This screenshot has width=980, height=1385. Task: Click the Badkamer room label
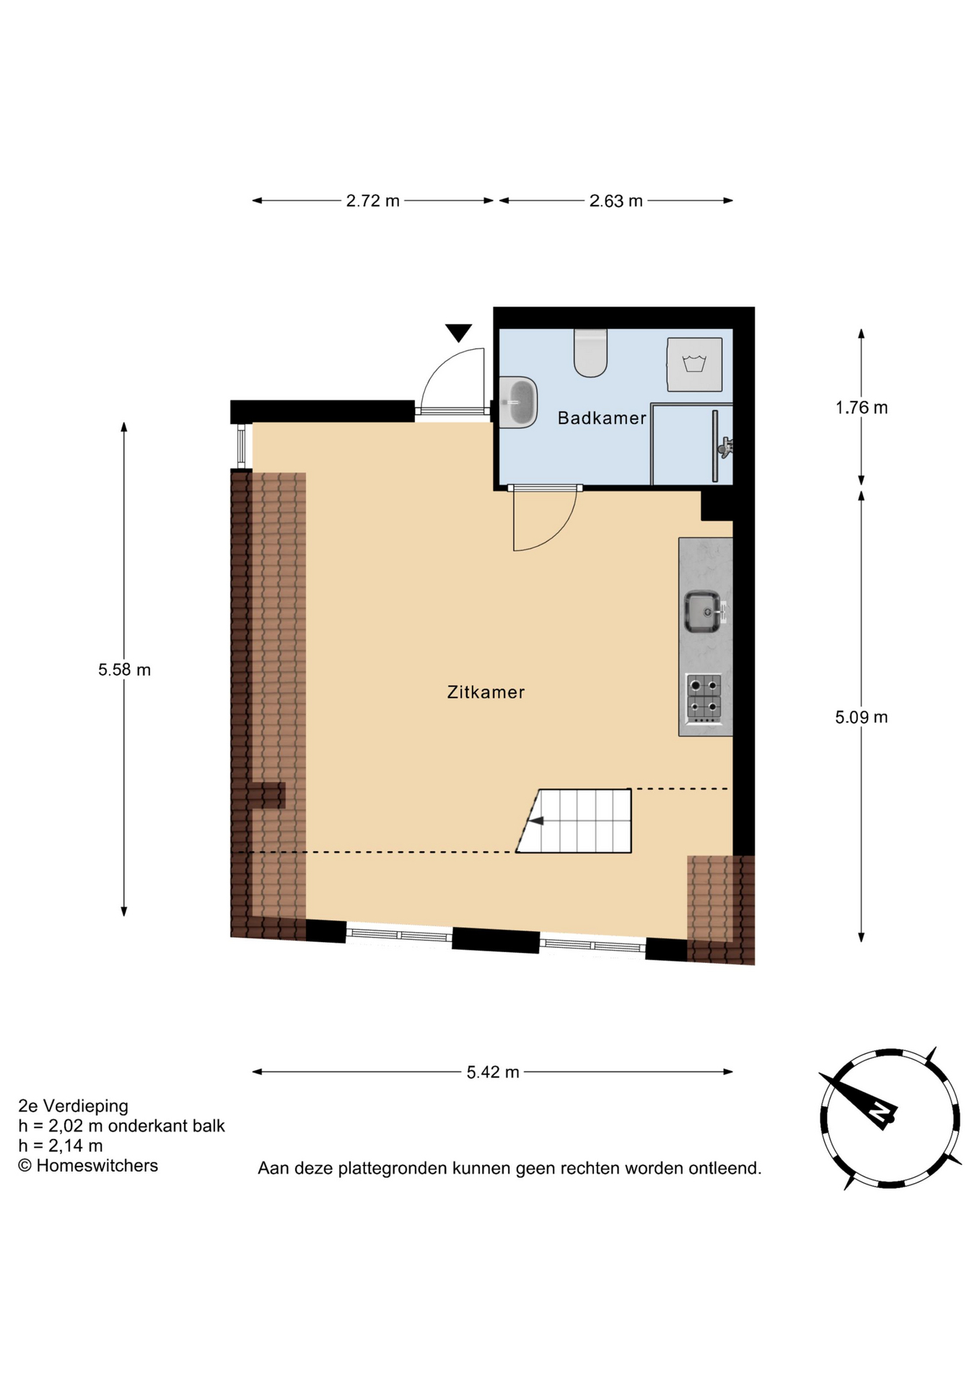point(602,418)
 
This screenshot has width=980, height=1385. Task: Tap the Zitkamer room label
point(486,692)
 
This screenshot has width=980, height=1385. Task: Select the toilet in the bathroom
point(590,353)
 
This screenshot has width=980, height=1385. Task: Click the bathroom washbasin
point(518,403)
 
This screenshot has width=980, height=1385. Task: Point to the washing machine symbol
point(694,364)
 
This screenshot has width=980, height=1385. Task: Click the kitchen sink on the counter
point(702,612)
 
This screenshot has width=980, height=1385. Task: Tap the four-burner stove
point(704,698)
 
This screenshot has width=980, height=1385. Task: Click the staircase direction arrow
point(537,820)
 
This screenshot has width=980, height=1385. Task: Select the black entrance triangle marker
point(458,333)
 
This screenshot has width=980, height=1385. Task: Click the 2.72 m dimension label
point(372,201)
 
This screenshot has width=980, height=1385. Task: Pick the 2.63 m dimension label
point(616,201)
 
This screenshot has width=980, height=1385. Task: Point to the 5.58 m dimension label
point(124,669)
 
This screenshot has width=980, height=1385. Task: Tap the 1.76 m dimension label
point(862,408)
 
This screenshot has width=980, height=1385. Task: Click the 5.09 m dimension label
point(861,717)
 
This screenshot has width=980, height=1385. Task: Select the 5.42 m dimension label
point(493,1072)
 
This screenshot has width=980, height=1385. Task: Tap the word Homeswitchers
point(97,1165)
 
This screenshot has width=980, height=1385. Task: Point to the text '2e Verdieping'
point(73,1106)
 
